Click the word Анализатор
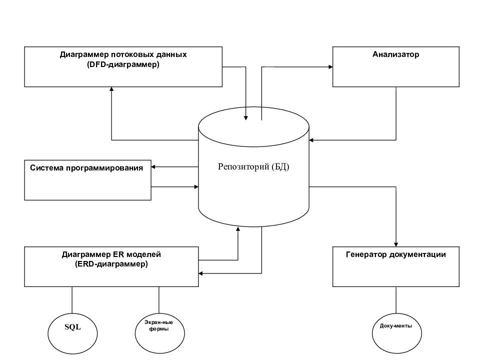(396, 54)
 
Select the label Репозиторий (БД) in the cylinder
(253, 166)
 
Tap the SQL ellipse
(72, 333)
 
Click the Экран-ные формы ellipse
(160, 333)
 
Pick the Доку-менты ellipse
(396, 333)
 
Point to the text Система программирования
(86, 168)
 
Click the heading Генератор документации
(396, 254)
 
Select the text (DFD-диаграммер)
(123, 64)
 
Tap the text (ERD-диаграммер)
(111, 264)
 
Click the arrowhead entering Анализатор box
(330, 66)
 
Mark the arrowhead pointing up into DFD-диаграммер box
(111, 89)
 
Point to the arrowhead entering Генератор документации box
(396, 244)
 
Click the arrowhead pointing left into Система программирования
(153, 167)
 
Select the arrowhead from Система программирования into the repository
(196, 186)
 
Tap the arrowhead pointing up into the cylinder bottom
(238, 229)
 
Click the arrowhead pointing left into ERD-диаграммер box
(201, 273)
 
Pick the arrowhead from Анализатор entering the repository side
(311, 140)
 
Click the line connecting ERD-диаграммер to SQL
(72, 300)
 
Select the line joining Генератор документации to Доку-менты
(396, 300)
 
